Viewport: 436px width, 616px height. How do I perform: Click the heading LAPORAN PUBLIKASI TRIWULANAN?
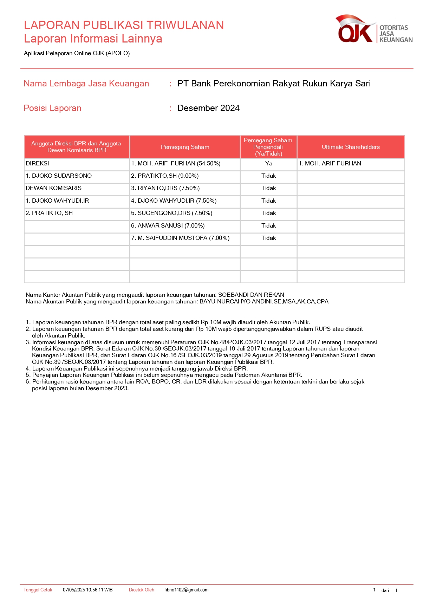[x=124, y=25]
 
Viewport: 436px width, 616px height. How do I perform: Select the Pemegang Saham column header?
[x=185, y=147]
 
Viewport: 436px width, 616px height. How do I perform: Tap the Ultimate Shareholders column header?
[x=351, y=147]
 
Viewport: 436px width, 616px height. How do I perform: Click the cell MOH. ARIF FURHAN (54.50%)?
[x=176, y=164]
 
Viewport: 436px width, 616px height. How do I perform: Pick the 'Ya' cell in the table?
[x=269, y=164]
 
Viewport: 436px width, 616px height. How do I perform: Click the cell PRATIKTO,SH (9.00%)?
[x=165, y=176]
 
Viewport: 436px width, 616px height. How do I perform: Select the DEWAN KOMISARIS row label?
[x=53, y=188]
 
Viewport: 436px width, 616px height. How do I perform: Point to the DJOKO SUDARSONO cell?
[x=59, y=176]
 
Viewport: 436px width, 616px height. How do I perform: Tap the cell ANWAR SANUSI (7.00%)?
[x=168, y=226]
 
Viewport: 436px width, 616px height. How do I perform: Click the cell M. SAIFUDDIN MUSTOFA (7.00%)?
[x=180, y=238]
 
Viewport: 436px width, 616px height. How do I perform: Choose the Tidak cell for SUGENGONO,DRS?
[x=269, y=213]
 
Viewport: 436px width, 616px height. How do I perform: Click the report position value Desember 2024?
[x=208, y=108]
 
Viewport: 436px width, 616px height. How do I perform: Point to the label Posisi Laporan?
[x=52, y=108]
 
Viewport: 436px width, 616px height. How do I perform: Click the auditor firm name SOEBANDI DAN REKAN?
[x=251, y=295]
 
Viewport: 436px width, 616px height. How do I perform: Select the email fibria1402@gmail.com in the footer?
[x=186, y=590]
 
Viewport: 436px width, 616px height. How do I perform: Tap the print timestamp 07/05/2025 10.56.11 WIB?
[x=88, y=590]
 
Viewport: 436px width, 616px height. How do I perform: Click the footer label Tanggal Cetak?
[x=38, y=590]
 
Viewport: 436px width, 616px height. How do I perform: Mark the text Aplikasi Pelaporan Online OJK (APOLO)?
[x=77, y=53]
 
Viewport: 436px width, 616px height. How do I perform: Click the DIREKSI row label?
[x=37, y=164]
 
